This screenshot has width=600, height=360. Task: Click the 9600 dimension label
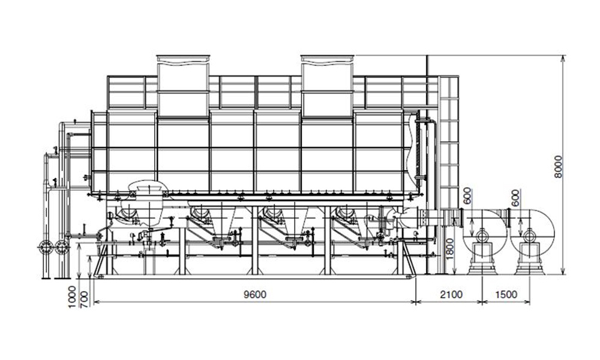point(255,295)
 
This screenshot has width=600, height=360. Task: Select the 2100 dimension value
point(451,295)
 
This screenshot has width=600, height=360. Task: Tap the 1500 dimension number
point(506,295)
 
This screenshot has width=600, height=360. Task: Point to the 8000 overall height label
point(559,166)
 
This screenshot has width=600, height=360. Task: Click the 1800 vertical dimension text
point(450,248)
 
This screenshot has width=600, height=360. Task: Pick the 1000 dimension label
point(72,297)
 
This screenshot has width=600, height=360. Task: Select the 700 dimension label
point(84,299)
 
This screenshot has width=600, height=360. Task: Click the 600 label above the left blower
point(467,196)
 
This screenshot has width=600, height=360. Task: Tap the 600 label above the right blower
point(516,197)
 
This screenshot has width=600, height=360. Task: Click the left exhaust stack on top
point(183,86)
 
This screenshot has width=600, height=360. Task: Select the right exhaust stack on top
point(327,86)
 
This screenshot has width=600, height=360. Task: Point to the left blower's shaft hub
point(482,235)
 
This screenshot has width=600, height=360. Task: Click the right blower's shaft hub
point(530,235)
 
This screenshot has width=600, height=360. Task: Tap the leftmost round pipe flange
point(46,248)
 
